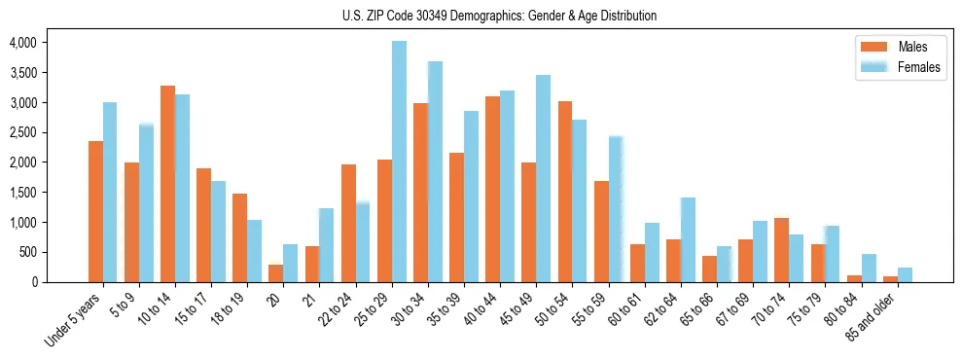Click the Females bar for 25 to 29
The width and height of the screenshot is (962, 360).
coord(399,162)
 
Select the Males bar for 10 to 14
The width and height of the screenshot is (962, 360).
coord(167,184)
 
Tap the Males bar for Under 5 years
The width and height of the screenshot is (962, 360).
coord(95,211)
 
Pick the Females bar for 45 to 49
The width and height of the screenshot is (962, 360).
coord(543,178)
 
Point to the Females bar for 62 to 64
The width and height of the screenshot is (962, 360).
coord(688,239)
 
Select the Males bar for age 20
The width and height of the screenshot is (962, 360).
coord(276,273)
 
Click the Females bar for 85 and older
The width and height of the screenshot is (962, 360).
coord(905,274)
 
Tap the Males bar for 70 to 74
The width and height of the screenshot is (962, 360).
coord(781,250)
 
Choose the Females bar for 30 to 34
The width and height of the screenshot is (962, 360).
coord(435,171)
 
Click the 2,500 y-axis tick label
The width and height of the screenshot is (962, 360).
coord(22,132)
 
